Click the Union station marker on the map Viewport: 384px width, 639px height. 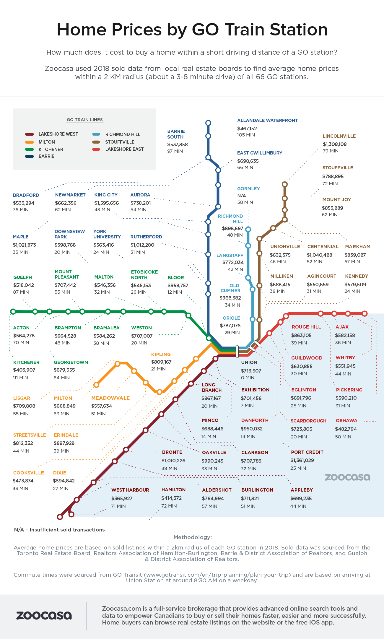pyautogui.click(x=237, y=351)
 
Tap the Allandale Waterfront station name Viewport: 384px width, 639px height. pyautogui.click(x=267, y=121)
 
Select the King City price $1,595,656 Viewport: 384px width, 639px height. pyautogui.click(x=106, y=203)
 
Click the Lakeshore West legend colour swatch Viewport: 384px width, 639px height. pyautogui.click(x=29, y=134)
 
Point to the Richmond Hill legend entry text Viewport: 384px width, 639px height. pyautogui.click(x=123, y=134)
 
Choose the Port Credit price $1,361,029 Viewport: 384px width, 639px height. pyautogui.click(x=302, y=460)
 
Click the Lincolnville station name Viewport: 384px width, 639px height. pyautogui.click(x=339, y=136)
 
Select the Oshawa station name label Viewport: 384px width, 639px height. pyautogui.click(x=346, y=421)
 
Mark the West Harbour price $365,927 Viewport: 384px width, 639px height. pyautogui.click(x=122, y=498)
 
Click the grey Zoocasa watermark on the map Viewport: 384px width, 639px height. pyautogui.click(x=347, y=477)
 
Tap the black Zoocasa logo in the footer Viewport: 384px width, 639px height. pyautogui.click(x=44, y=615)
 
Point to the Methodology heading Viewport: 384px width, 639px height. pyautogui.click(x=193, y=537)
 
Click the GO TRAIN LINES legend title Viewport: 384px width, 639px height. pyautogui.click(x=85, y=120)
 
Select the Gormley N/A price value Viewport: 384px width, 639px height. pyautogui.click(x=242, y=196)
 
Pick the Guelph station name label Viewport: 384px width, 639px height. pyautogui.click(x=22, y=277)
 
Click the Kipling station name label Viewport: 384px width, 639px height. pyautogui.click(x=161, y=355)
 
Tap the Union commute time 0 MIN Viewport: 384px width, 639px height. pyautogui.click(x=247, y=378)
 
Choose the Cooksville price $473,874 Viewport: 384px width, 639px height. pyautogui.click(x=23, y=481)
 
